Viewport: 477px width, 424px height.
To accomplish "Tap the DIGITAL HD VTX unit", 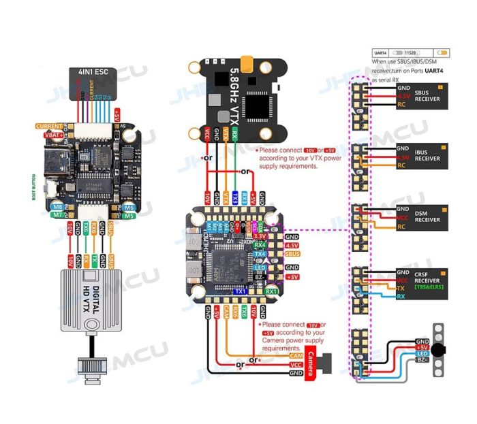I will point(92,299).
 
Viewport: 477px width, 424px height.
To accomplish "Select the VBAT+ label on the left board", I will point(52,135).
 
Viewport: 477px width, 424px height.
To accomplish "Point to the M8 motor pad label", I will point(58,206).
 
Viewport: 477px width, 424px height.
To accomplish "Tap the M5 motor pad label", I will point(129,215).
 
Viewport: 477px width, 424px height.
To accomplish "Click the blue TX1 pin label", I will point(239,291).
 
